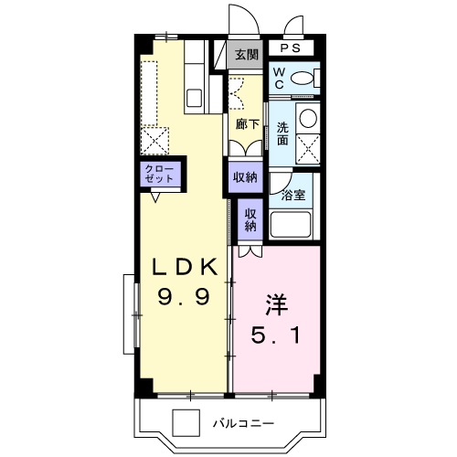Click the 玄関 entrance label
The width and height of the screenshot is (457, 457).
click(x=246, y=55)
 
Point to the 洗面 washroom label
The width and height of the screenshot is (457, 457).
click(x=282, y=134)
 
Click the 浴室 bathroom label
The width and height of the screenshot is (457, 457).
click(x=293, y=194)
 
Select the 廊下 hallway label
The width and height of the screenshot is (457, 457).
click(x=245, y=122)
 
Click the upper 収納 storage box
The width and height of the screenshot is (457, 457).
click(x=244, y=176)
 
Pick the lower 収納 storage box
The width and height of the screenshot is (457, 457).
click(x=250, y=219)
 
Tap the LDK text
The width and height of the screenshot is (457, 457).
click(x=183, y=266)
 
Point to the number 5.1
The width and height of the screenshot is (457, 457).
click(x=275, y=335)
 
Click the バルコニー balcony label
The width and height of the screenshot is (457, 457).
click(x=246, y=423)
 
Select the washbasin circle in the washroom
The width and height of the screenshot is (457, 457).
click(x=309, y=119)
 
